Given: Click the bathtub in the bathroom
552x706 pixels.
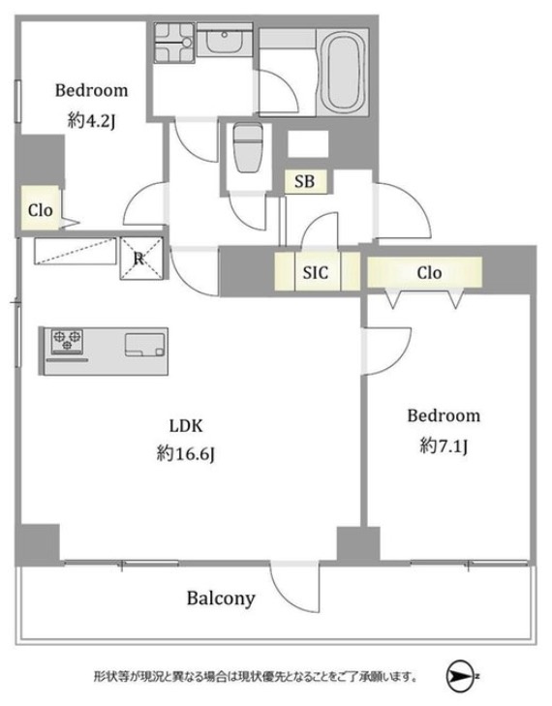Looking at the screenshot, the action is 345,72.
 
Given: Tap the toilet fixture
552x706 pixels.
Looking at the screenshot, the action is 247,148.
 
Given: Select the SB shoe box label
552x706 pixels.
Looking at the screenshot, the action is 304,181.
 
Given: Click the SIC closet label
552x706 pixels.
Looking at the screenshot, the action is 315,272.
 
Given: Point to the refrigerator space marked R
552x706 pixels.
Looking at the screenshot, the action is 141,258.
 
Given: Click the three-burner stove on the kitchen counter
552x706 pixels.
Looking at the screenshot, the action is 67,341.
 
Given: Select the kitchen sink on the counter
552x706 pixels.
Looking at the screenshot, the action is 145,345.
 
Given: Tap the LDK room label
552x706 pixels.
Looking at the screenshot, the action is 186,425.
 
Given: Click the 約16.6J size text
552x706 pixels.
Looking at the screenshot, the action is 186,453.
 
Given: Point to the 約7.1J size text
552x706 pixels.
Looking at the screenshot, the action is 444,445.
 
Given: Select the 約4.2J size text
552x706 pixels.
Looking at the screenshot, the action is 91,121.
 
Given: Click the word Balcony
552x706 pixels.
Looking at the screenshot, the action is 221,599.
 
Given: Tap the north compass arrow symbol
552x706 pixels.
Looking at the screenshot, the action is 459,675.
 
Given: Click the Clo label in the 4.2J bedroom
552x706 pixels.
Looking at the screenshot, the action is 40,210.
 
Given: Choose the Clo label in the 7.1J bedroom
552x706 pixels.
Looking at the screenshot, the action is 429,272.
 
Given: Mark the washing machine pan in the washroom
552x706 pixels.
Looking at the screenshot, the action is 173,43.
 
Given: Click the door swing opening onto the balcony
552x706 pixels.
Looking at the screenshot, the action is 295,587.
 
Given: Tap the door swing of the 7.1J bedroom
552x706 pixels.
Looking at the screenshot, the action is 387,352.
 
